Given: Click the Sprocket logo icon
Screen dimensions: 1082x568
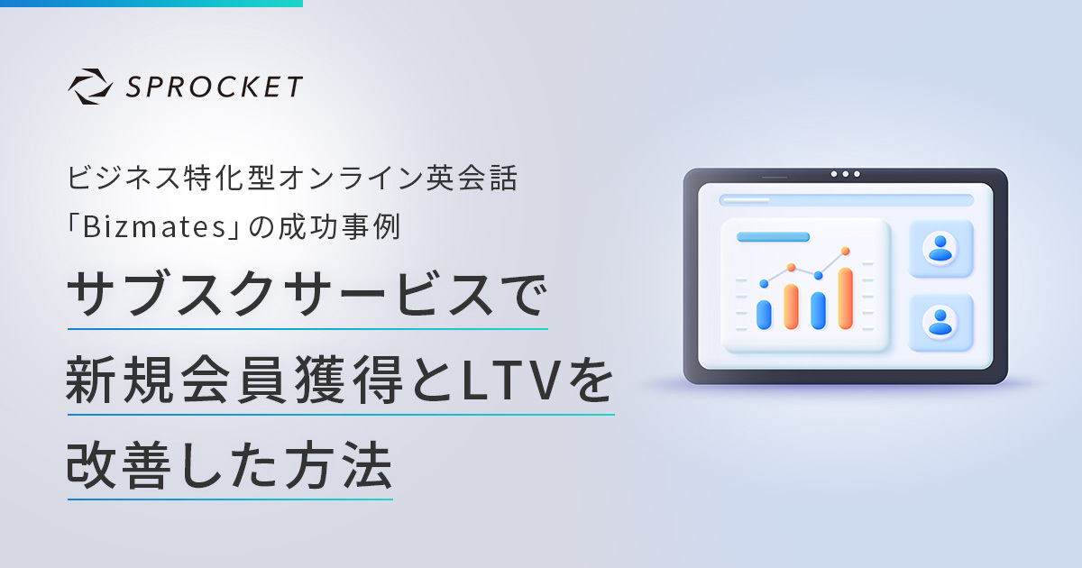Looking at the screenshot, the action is (90, 87).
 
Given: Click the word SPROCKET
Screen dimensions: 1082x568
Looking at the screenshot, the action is (214, 87).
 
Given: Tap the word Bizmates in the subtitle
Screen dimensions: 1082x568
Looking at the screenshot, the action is (154, 226).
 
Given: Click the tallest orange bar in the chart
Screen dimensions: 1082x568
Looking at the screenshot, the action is (846, 298).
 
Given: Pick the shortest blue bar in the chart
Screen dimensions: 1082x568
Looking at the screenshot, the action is (764, 315).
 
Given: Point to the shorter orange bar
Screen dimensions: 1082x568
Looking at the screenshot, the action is (791, 307).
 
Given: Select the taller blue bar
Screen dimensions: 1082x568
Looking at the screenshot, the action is (819, 310).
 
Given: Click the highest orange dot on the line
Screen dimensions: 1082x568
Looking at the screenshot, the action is (846, 251).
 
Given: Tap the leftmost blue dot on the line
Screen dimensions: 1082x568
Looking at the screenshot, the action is (764, 283).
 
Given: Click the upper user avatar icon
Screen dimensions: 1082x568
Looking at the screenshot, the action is (940, 248).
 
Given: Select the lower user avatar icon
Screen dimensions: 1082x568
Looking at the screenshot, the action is (940, 322).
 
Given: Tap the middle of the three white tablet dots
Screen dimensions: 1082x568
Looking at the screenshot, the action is (846, 174).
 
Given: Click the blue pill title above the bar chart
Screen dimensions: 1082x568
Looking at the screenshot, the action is (774, 236).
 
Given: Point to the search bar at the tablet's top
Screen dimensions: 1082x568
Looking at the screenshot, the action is (847, 200).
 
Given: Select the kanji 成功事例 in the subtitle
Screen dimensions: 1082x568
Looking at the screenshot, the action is (339, 226).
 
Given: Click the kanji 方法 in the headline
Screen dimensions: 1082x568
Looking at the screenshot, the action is (338, 465).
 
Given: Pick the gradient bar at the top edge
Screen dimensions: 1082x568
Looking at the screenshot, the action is (151, 4).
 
